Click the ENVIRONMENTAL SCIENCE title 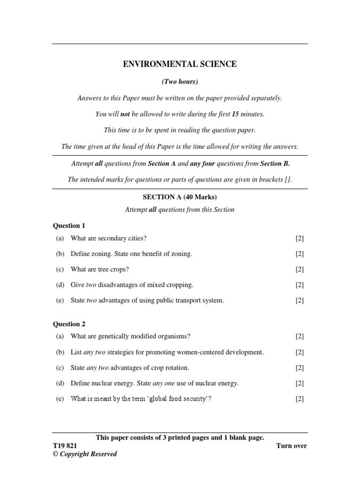coord(180,64)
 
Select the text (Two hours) coord(180,82)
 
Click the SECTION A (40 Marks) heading coord(180,197)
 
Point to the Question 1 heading coord(68,225)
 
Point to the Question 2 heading coord(68,324)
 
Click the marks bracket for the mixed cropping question coord(300,285)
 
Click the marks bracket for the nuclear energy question coord(300,383)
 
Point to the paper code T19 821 coord(65,446)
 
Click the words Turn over coord(292,446)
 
